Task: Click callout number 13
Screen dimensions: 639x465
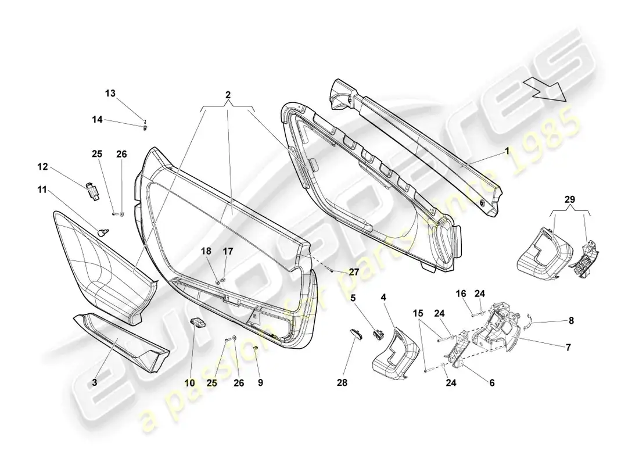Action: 110,94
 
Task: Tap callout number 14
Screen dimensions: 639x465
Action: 97,120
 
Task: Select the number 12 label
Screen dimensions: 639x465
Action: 42,167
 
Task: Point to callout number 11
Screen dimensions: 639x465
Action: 42,189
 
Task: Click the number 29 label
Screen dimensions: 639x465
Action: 570,199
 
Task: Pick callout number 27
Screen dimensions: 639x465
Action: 354,271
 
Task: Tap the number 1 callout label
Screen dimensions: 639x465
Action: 507,151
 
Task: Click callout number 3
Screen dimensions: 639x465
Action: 95,382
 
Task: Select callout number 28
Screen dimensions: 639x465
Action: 342,382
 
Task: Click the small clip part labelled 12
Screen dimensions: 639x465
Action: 94,191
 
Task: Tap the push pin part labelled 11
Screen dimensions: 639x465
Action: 102,233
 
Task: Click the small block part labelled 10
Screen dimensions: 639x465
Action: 199,322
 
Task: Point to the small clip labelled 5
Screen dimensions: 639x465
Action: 378,334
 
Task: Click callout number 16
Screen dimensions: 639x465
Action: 461,294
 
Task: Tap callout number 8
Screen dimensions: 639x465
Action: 571,321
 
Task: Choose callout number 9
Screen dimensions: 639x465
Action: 260,382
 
